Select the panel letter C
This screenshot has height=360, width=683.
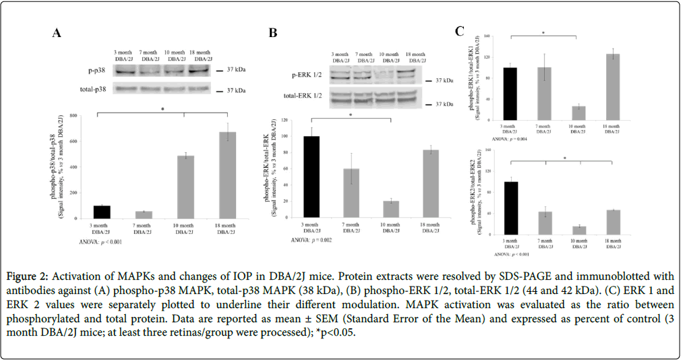(x=460, y=31)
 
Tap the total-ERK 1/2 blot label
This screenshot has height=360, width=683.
(x=304, y=96)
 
